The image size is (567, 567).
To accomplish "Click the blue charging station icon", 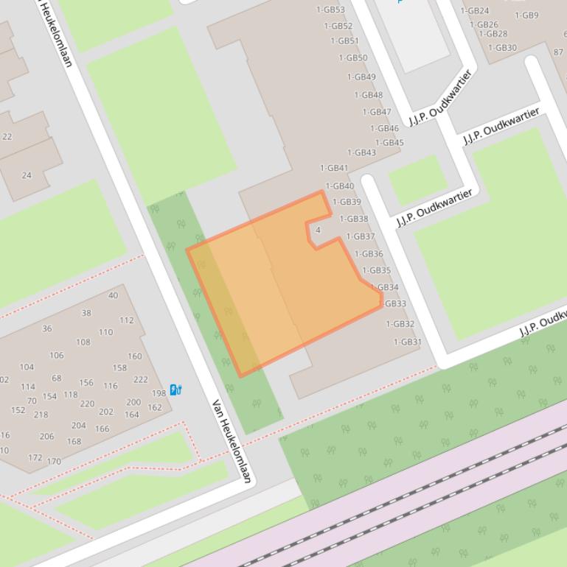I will [175, 390].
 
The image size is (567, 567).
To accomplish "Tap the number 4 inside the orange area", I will [318, 230].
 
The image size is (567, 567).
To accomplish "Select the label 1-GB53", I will [330, 10].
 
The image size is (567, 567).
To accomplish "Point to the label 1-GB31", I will [407, 342].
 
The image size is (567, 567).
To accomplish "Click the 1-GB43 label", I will [361, 153].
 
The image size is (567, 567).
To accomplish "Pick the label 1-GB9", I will [526, 15].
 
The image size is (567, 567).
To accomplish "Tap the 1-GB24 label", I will [475, 11].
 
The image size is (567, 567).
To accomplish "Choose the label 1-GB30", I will [502, 48].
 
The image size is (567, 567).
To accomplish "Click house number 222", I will [140, 380].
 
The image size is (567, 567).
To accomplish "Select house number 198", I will [159, 394].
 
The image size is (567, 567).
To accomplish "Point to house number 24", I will [27, 175].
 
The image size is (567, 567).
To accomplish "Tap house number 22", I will [7, 137].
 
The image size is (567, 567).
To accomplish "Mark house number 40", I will [113, 295].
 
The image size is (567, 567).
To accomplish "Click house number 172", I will [35, 457].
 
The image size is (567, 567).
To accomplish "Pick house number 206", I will [46, 437].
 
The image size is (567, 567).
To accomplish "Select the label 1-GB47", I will [377, 113].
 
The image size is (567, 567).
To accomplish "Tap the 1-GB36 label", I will [369, 254].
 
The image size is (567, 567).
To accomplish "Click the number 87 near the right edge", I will [558, 52].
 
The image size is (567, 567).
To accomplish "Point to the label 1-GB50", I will [353, 58].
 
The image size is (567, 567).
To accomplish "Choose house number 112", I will [127, 320].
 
